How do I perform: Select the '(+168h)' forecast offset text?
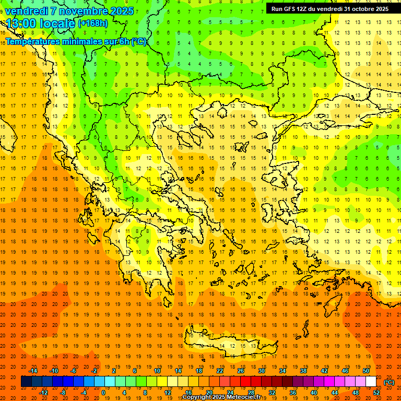click(x=93, y=23)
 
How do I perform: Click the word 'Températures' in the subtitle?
click(x=34, y=41)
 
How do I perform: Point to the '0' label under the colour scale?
click(x=103, y=393)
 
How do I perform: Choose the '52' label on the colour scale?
click(x=376, y=393)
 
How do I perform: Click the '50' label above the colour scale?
click(x=366, y=371)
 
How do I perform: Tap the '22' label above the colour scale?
click(x=220, y=371)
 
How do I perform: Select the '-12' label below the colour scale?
click(x=44, y=393)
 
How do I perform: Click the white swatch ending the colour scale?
click(x=371, y=382)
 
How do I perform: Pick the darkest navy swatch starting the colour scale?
click(x=26, y=382)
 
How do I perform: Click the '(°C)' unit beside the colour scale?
click(x=389, y=382)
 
